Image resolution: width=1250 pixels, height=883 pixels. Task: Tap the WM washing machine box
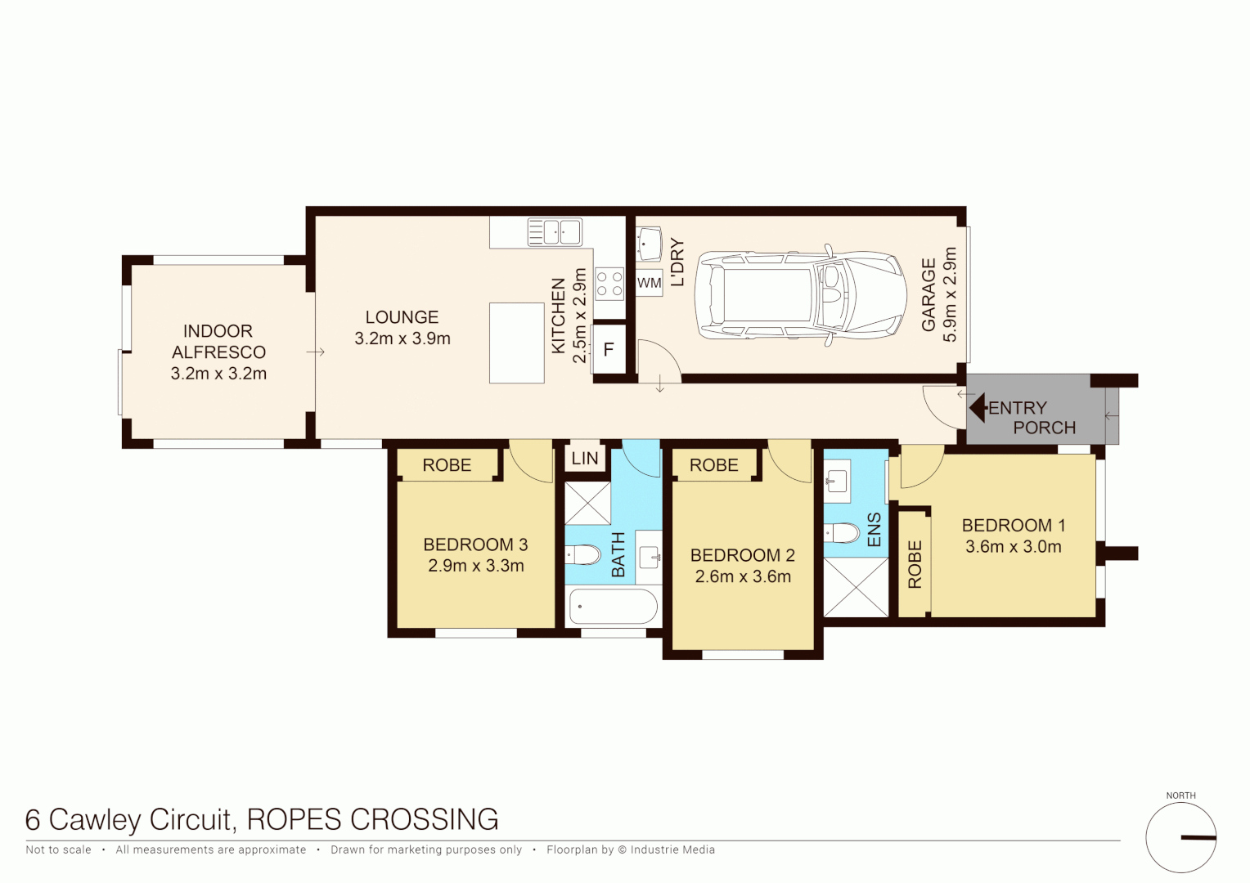coord(649,284)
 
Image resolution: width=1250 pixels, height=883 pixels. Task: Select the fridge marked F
coord(609,350)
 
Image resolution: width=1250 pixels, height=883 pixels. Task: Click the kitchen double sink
coord(554,232)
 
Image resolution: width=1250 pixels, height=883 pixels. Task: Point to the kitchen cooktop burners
coord(609,284)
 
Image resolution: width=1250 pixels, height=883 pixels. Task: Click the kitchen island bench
coord(516,343)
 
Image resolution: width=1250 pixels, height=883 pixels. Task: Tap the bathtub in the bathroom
coord(613,607)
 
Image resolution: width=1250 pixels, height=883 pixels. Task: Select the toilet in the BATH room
coord(584,555)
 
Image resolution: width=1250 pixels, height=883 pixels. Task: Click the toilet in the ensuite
coord(843,534)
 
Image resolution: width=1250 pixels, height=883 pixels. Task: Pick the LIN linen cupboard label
coord(585,459)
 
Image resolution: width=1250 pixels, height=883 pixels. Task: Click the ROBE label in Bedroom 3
coord(447,465)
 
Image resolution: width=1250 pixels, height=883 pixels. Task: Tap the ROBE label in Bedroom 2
coord(713,465)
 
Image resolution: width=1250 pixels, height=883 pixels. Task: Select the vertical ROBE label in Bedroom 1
coord(915,564)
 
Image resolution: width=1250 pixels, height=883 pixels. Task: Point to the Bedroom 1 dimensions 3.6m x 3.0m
coord(1013,547)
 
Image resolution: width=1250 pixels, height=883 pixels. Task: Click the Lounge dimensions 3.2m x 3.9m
coord(402,338)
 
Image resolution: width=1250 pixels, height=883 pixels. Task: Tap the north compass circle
coord(1180,837)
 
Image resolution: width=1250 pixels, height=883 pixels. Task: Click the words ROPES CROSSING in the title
coord(372,819)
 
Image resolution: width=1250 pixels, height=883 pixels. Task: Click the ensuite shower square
coord(856,587)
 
